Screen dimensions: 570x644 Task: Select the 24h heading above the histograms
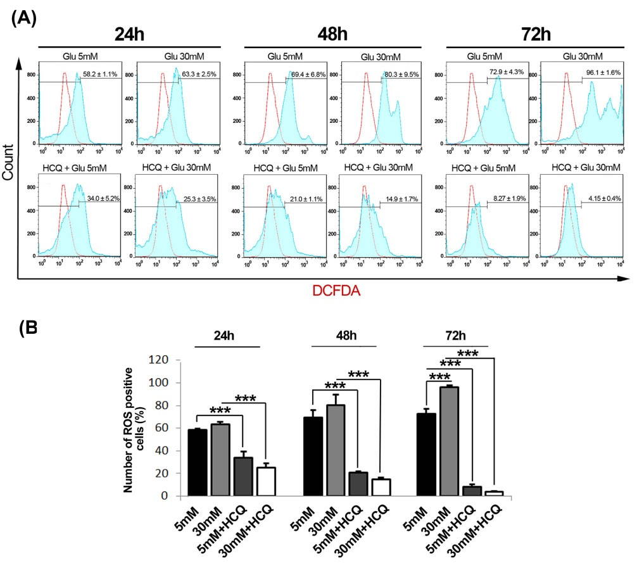(129, 34)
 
